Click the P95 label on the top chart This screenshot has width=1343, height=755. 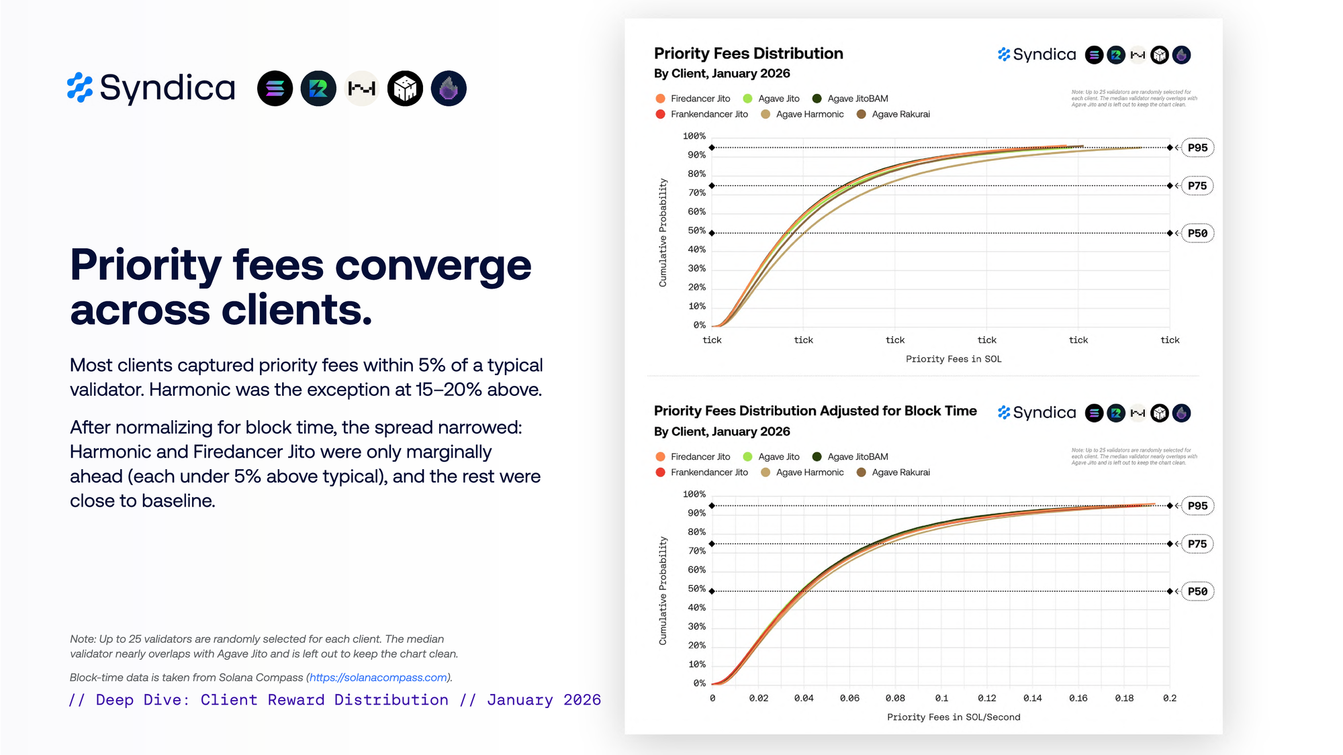(1197, 148)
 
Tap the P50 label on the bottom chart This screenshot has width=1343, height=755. (1197, 591)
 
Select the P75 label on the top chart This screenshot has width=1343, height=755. (1197, 186)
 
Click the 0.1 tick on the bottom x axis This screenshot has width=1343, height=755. (941, 698)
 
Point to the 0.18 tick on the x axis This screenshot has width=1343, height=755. (1124, 698)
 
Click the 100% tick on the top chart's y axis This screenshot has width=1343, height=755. (694, 136)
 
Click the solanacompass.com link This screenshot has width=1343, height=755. (379, 678)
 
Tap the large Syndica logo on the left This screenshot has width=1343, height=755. (152, 88)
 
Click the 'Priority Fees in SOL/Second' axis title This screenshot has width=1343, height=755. (954, 717)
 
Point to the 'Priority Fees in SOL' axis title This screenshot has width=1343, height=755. (954, 359)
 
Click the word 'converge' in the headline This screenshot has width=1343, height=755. (433, 266)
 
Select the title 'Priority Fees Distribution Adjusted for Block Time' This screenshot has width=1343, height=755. (815, 411)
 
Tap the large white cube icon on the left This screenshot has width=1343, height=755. (405, 89)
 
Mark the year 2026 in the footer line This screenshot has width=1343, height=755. (582, 700)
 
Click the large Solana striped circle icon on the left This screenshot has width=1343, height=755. (275, 89)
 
